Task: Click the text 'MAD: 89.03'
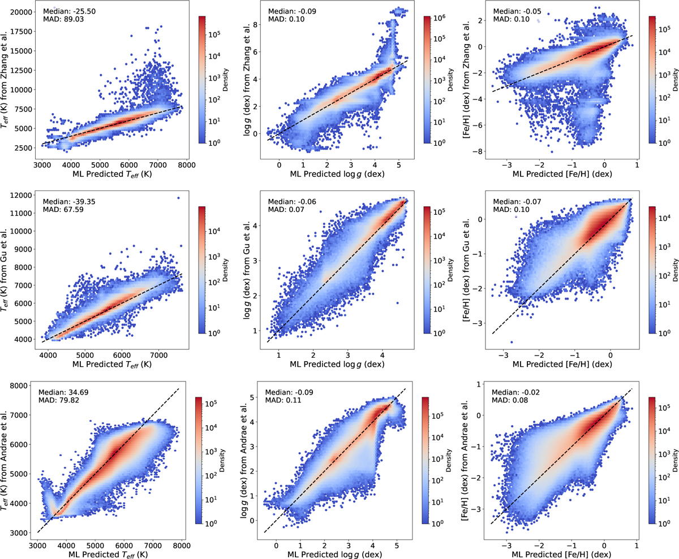(x=62, y=20)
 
